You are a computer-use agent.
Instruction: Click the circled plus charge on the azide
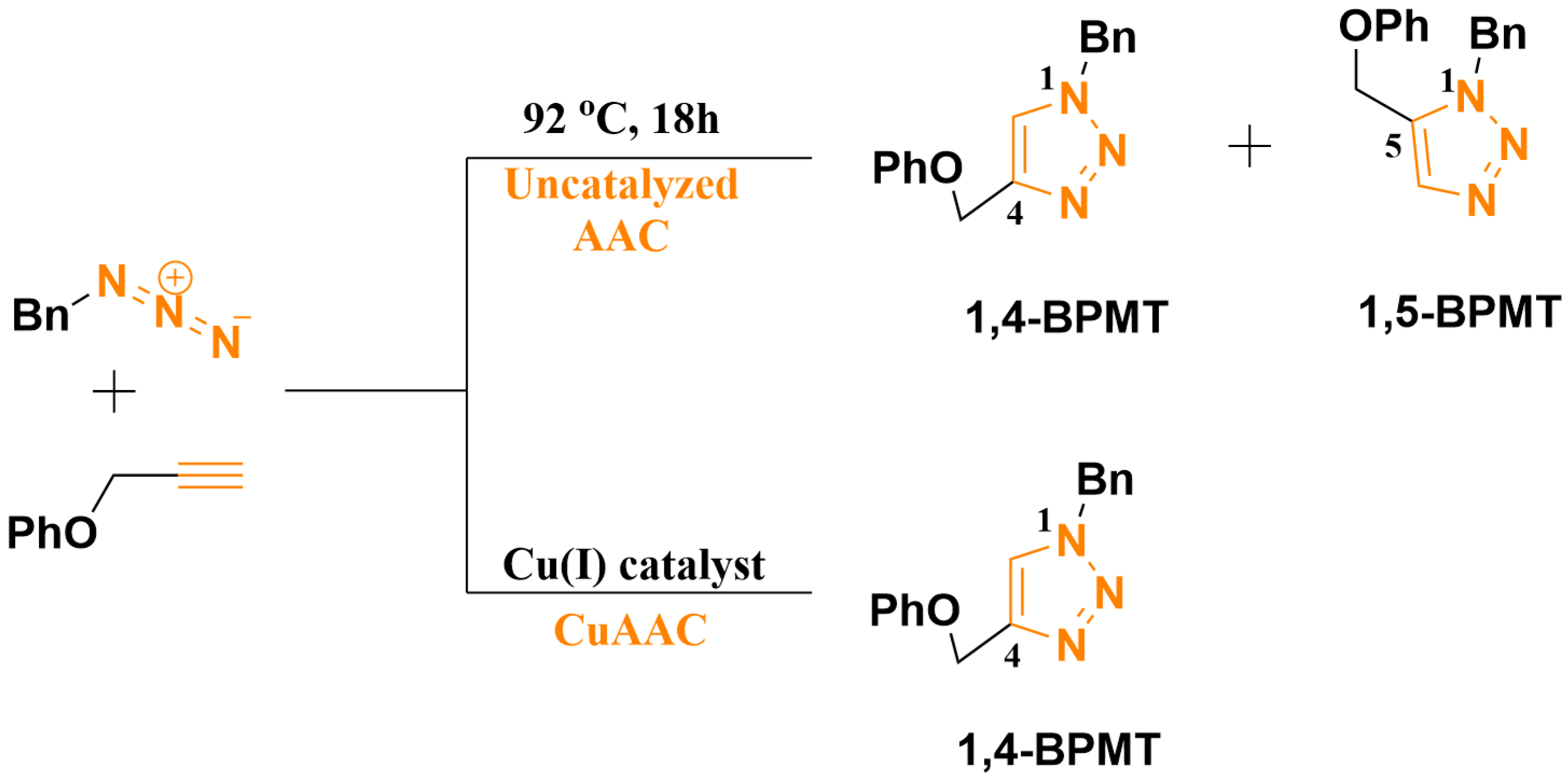coord(175,277)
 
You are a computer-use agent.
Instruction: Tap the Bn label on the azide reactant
coord(40,315)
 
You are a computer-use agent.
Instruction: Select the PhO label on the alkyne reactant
coord(52,532)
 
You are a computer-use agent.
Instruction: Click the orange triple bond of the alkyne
coord(210,475)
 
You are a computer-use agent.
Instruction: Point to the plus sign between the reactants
coord(114,391)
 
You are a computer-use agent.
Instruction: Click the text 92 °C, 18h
coord(620,118)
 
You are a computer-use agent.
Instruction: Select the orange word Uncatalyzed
coord(621,184)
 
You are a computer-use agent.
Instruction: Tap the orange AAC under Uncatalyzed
coord(621,235)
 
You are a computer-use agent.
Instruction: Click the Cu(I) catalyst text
coord(633,565)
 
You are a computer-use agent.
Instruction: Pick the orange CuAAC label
coord(630,630)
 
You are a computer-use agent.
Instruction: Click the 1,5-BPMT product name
coord(1460,311)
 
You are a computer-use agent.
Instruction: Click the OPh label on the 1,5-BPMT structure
coord(1383,27)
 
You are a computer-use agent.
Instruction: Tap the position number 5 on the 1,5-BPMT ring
coord(1393,146)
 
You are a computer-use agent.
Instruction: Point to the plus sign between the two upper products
coord(1249,146)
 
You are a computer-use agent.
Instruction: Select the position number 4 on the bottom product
coord(1011,656)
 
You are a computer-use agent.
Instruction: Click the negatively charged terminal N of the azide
coord(226,342)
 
